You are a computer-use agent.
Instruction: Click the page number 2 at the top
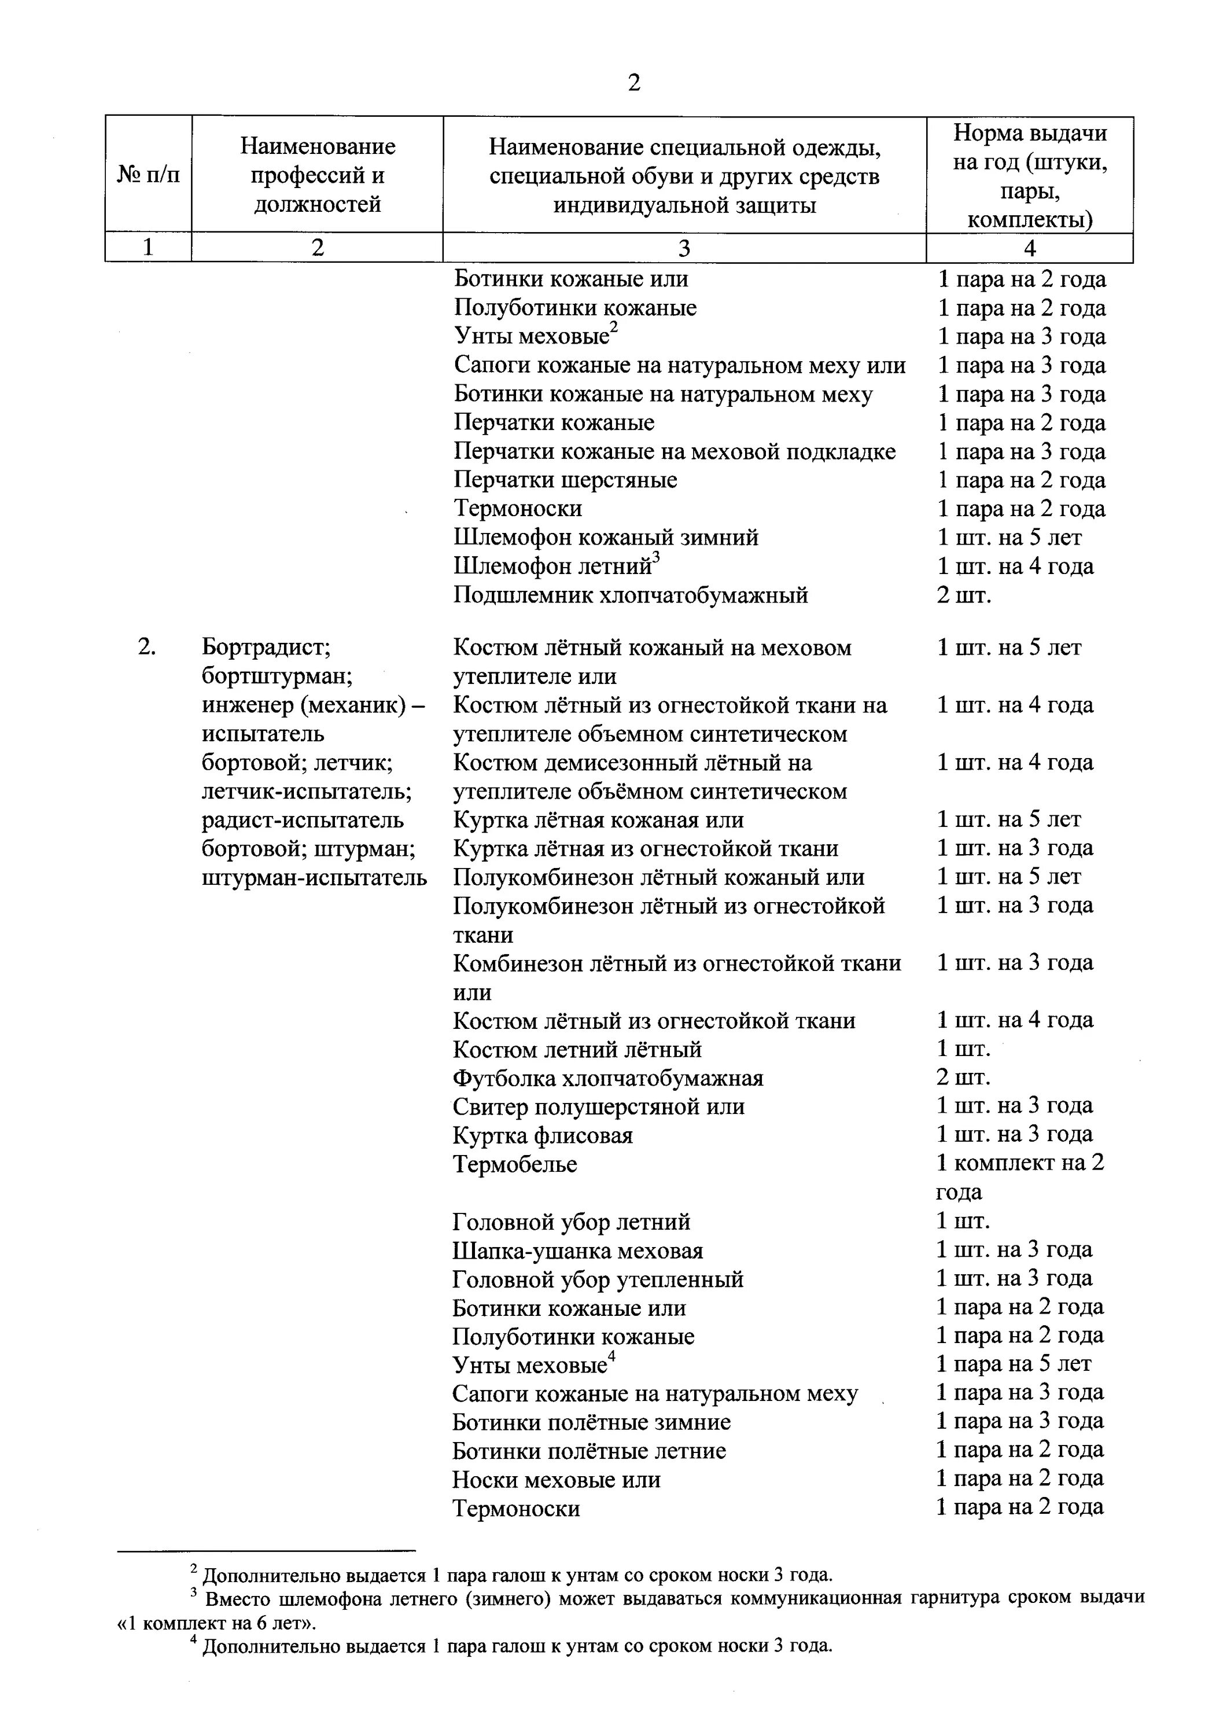coord(633,82)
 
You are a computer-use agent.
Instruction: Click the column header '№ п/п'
coord(148,175)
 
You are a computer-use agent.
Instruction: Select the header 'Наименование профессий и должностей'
coord(318,175)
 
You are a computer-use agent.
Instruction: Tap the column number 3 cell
coord(684,248)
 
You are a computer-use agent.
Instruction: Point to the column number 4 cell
coord(1029,248)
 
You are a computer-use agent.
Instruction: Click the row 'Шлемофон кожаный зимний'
coord(606,538)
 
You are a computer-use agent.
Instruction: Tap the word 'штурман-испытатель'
coord(315,877)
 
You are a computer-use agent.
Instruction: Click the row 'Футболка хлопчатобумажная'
coord(608,1077)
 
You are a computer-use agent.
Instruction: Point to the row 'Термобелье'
coord(515,1164)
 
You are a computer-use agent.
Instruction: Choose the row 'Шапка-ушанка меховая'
coord(577,1250)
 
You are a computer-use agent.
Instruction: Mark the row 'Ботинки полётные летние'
coord(589,1450)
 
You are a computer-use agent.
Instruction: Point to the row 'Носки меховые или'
coord(557,1479)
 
